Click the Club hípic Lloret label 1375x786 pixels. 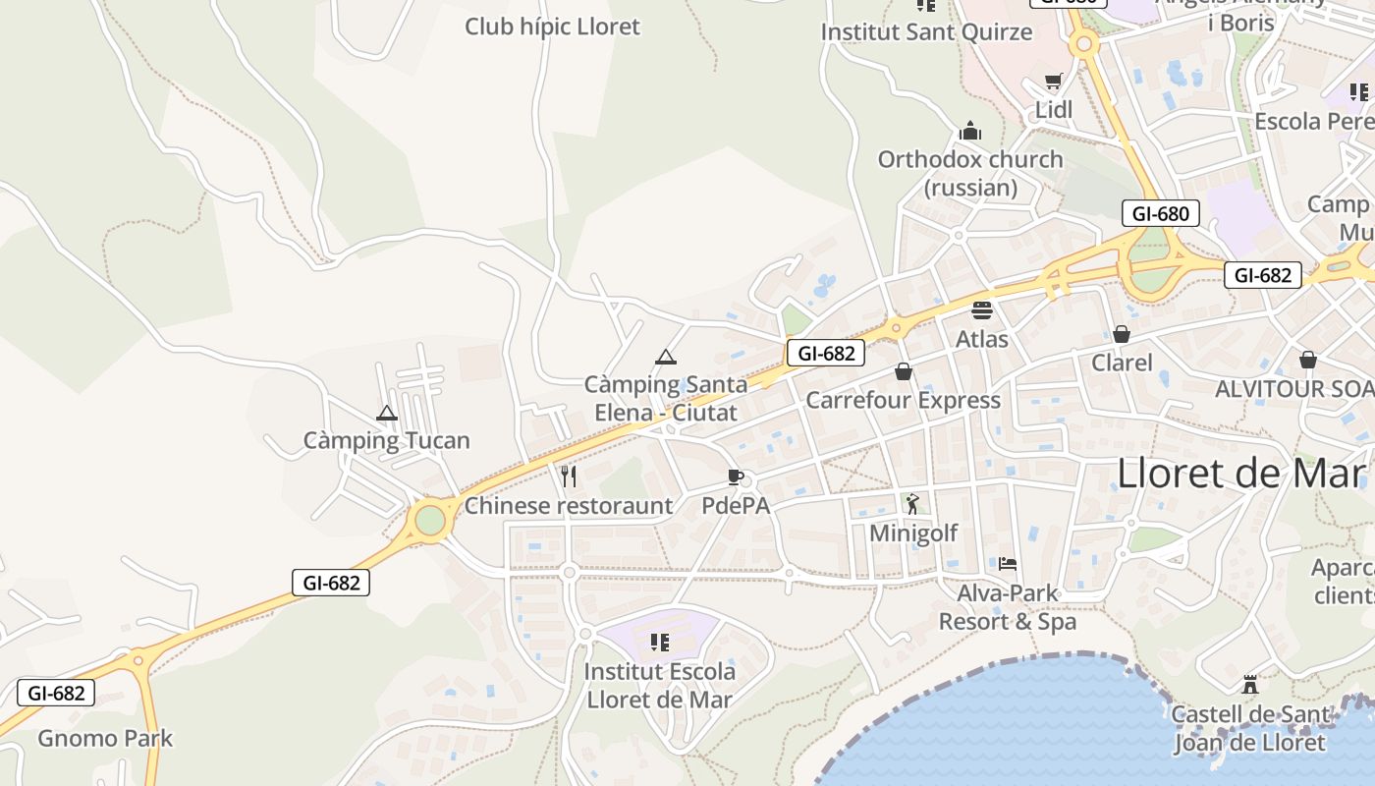tap(552, 27)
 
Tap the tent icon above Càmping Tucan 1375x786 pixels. tap(386, 413)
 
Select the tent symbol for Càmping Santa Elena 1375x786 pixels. tap(666, 357)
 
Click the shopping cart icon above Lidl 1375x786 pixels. tap(1054, 82)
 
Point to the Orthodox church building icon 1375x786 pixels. tap(970, 131)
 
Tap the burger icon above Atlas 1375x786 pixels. tap(981, 310)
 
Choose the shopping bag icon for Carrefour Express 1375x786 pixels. tap(904, 371)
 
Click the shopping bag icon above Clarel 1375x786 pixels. tap(1122, 334)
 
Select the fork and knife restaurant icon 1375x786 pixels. tap(569, 477)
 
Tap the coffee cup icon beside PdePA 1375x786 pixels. tap(735, 477)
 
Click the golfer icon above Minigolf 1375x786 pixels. tap(912, 504)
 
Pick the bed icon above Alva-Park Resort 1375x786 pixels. tap(1008, 564)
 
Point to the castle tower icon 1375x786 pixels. tap(1250, 684)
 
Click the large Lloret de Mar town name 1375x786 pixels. tap(1241, 474)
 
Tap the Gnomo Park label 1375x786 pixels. tap(105, 738)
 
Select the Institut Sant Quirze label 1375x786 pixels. tap(926, 31)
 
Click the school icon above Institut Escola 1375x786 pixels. tap(660, 643)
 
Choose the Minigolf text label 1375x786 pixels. tap(913, 533)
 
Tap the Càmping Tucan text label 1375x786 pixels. tap(386, 441)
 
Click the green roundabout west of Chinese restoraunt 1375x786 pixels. tap(430, 520)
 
